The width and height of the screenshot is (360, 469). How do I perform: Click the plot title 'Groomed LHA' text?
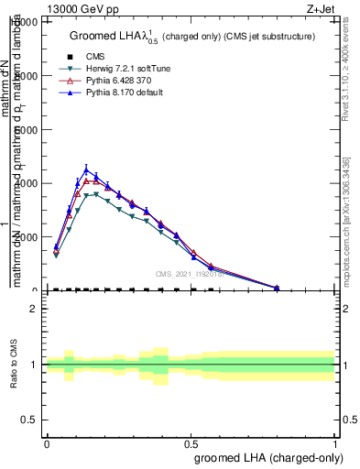coord(108,37)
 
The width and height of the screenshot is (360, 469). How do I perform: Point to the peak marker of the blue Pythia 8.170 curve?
coord(87,169)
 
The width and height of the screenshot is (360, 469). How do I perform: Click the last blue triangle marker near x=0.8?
coord(277,287)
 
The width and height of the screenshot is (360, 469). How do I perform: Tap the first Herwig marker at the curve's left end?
coord(56,255)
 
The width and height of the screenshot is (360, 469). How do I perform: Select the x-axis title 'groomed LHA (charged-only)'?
coord(272,458)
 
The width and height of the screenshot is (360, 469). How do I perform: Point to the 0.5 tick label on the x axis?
coord(191,443)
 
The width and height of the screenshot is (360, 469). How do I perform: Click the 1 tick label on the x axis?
coord(335,443)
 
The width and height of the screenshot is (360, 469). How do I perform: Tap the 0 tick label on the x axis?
coord(47,443)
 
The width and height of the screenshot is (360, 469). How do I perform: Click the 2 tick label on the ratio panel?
coord(34,309)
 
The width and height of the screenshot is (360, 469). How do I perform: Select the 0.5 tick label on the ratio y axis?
coord(29,420)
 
